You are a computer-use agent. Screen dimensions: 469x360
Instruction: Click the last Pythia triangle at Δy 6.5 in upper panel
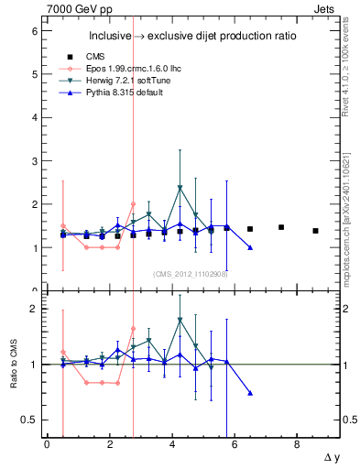click(250, 247)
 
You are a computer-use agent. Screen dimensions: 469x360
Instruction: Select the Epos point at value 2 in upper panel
click(133, 204)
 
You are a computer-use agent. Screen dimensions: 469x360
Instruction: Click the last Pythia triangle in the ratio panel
click(250, 393)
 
